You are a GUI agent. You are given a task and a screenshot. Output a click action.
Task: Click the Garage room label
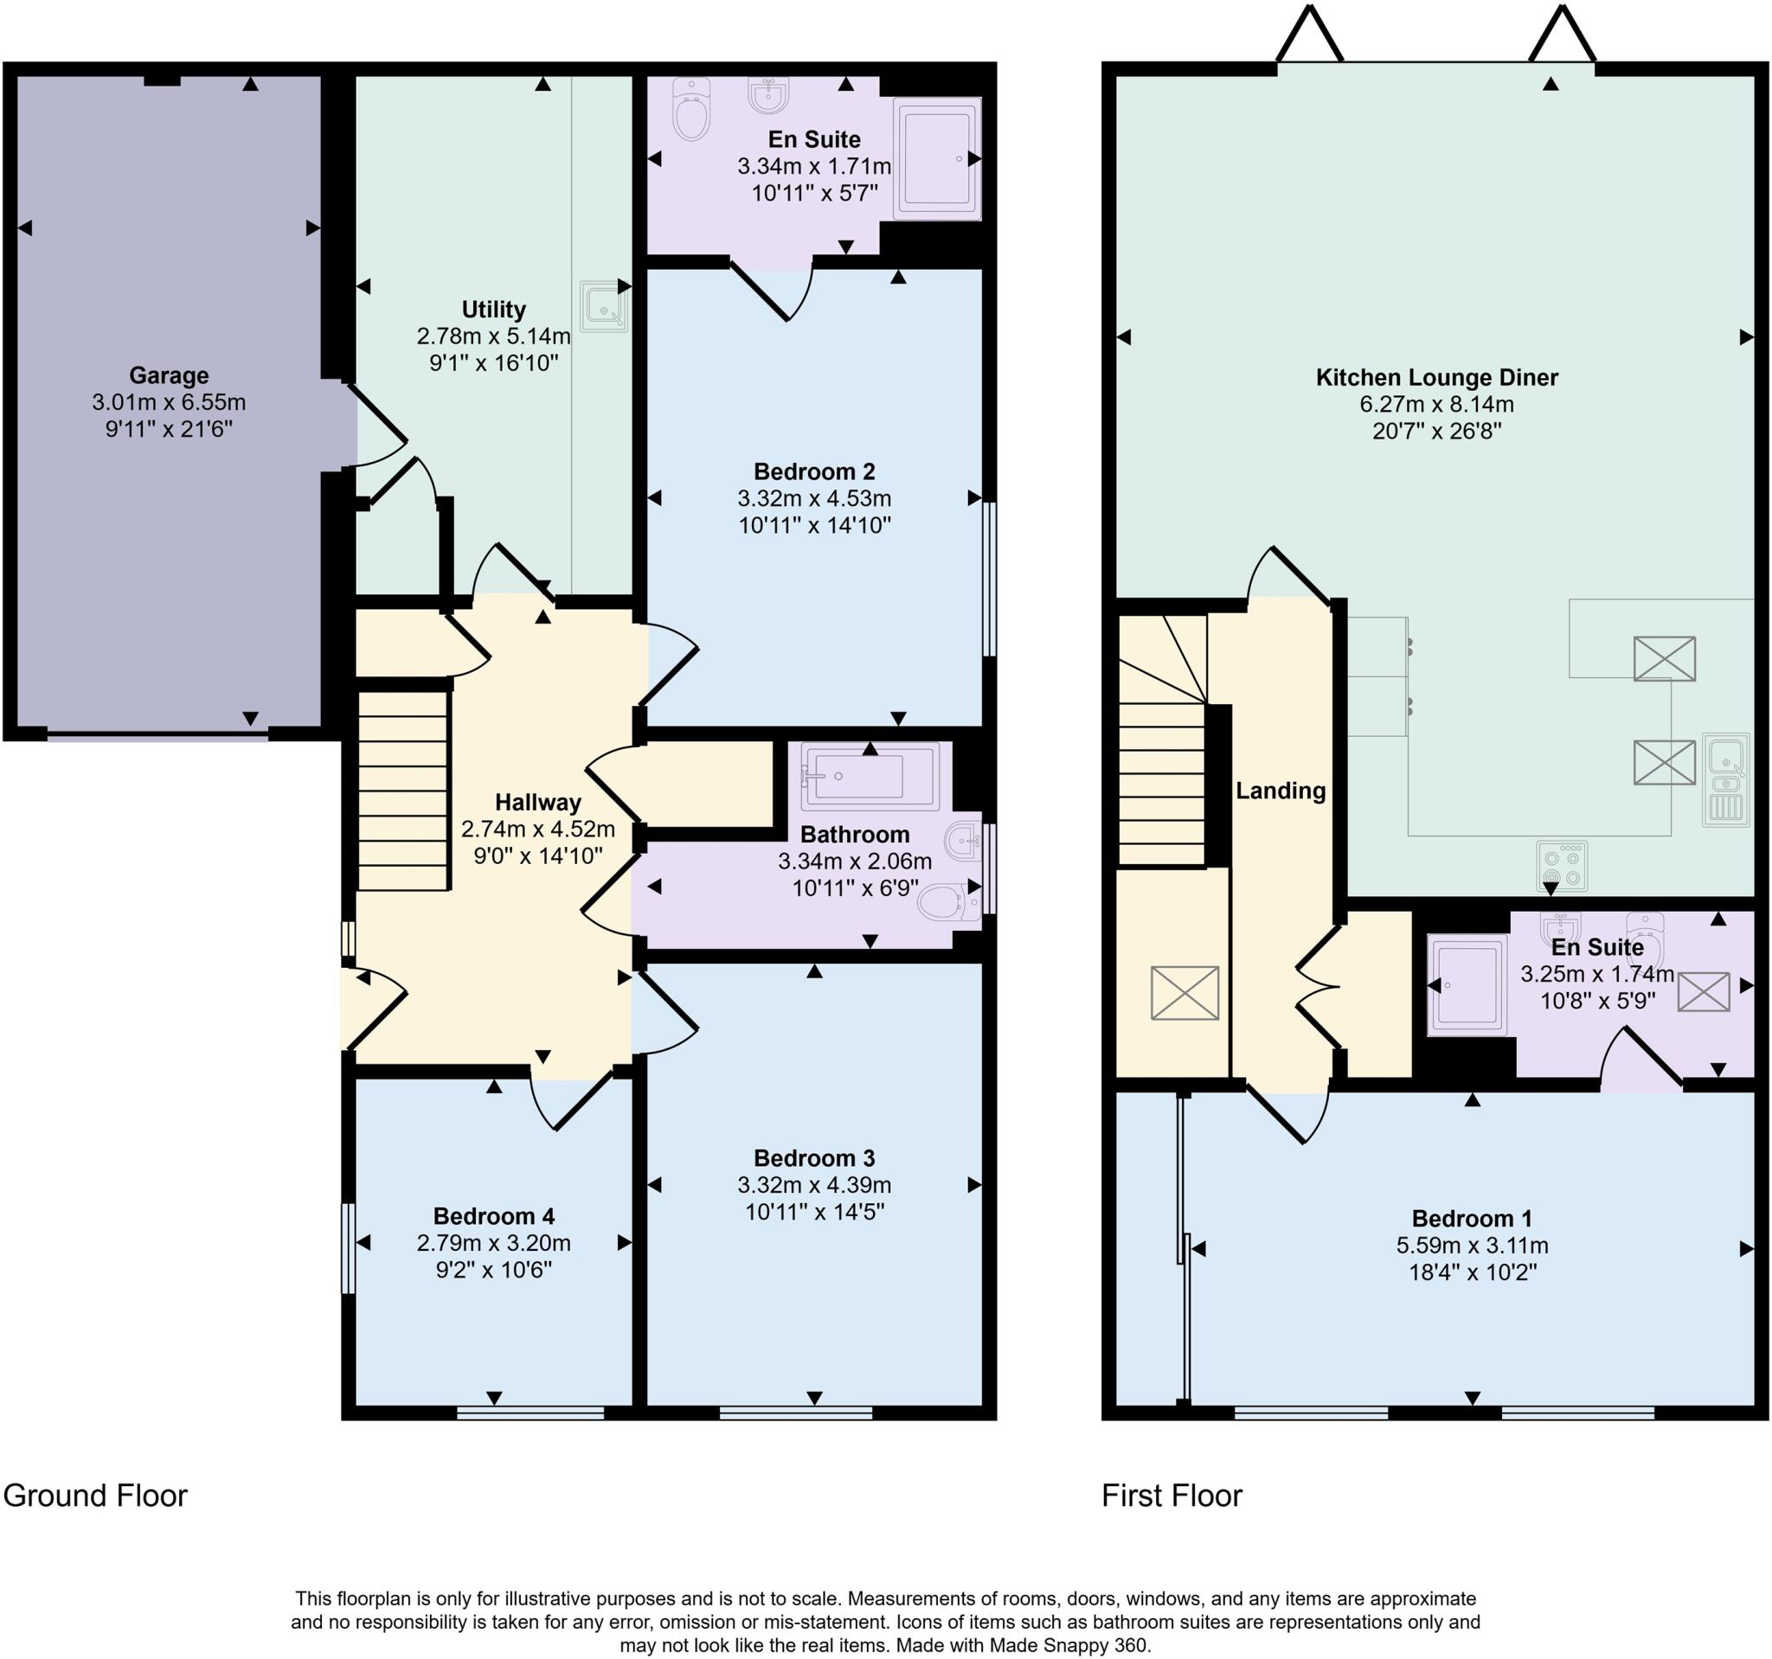[x=169, y=375]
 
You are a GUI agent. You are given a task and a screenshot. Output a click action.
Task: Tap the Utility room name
[x=493, y=309]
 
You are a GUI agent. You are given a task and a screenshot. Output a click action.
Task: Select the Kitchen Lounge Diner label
[x=1437, y=377]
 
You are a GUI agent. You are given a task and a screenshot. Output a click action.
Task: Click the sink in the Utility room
[x=603, y=305]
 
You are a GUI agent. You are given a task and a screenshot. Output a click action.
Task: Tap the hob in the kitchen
[x=1562, y=866]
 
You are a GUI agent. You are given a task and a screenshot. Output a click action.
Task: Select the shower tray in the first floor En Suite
[x=1467, y=984]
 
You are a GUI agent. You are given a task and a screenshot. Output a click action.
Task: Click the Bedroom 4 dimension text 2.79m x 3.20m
[x=493, y=1243]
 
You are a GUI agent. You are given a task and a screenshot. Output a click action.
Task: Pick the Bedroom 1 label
[x=1472, y=1218]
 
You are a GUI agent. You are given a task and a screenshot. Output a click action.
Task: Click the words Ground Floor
[x=95, y=1495]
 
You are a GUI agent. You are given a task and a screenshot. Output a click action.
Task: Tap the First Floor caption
[x=1172, y=1495]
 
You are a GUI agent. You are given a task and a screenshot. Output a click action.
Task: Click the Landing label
[x=1280, y=791]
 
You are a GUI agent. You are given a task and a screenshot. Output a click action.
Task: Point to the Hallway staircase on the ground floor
[x=403, y=791]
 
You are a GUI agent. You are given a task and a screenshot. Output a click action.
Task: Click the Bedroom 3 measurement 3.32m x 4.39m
[x=814, y=1185]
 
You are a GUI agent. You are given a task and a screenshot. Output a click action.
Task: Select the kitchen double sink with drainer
[x=1726, y=778]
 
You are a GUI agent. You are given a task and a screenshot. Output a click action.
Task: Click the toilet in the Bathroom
[x=948, y=902]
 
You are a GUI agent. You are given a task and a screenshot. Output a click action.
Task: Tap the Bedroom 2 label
[x=814, y=471]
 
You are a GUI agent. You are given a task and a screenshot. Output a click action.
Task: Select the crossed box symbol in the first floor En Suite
[x=1704, y=991]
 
